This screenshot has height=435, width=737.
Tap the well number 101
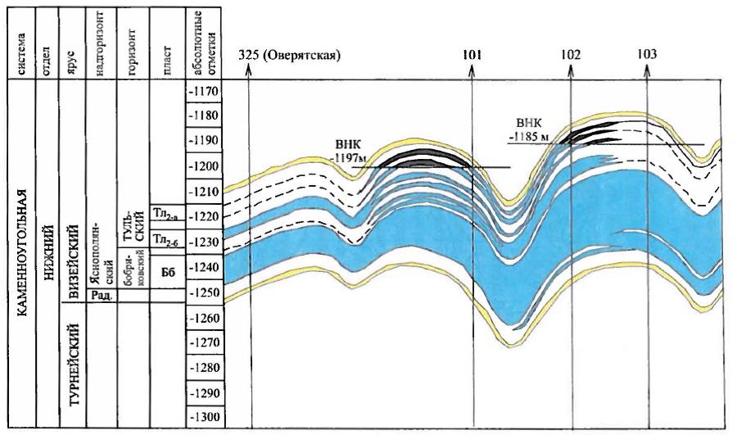472,55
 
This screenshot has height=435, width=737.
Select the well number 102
572,55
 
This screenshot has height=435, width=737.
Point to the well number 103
647,55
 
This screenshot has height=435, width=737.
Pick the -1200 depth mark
205,166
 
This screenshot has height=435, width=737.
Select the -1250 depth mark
205,292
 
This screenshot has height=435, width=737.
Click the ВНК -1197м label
353,147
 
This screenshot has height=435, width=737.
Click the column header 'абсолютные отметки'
204,41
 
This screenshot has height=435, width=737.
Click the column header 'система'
28,41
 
